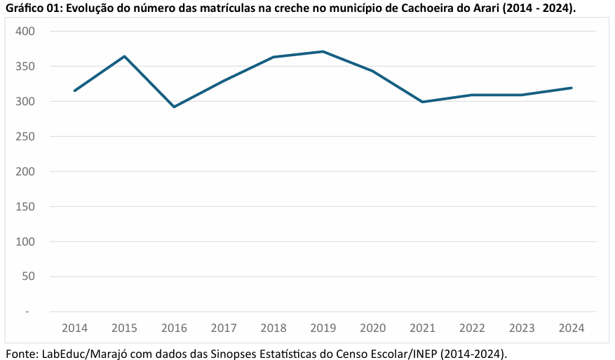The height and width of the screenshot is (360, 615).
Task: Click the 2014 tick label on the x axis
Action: point(74,328)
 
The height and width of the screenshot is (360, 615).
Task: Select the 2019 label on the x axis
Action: point(323,328)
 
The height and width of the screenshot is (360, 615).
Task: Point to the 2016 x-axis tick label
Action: point(174,328)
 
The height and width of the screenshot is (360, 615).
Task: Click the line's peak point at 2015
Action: point(124,56)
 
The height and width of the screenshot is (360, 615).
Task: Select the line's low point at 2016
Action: point(174,107)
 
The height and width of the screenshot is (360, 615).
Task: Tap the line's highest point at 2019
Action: point(323,51)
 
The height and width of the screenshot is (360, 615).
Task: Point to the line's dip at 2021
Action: point(422,102)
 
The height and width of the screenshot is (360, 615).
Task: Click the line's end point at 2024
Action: point(572,88)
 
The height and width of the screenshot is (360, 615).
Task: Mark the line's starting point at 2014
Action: point(74,91)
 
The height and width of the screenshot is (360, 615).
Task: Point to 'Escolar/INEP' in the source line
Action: point(405,352)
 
